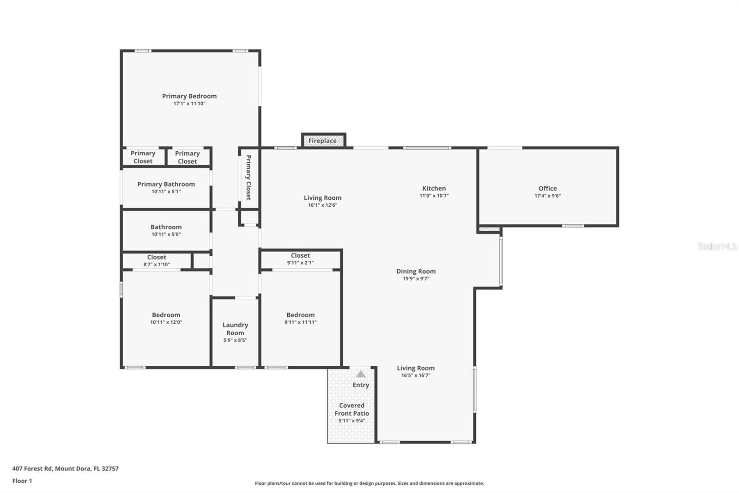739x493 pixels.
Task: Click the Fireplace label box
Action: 323,141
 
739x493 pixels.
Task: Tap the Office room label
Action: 547,188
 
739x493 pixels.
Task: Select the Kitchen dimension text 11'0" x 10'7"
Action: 434,196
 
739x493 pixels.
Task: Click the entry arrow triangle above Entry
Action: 361,374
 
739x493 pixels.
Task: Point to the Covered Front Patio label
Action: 351,409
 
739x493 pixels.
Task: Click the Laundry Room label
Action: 235,329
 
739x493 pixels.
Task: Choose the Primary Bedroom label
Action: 189,96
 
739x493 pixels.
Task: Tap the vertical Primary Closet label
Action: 248,178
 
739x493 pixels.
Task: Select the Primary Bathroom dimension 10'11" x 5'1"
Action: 166,191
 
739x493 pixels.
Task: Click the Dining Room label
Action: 416,271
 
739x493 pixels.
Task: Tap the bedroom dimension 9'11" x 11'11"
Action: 300,322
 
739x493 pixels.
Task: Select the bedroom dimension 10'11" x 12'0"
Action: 166,322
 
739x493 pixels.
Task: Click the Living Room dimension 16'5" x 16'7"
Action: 416,376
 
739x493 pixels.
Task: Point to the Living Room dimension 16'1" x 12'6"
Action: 322,205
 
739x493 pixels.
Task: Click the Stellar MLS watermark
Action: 717,246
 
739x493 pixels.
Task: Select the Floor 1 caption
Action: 22,481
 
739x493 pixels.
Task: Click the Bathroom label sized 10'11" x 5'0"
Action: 166,227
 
